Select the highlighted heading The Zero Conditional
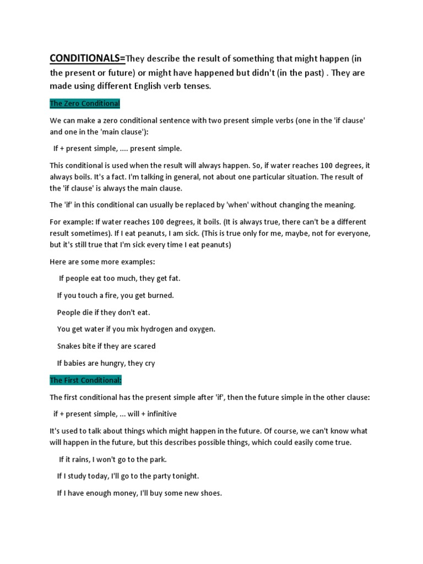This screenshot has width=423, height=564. [x=85, y=104]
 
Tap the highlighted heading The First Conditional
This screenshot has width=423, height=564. [x=85, y=380]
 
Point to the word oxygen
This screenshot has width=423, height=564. [x=201, y=329]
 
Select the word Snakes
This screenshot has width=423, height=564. [x=69, y=346]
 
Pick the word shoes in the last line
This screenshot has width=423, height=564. [x=210, y=493]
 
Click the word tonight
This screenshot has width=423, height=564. [x=184, y=476]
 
